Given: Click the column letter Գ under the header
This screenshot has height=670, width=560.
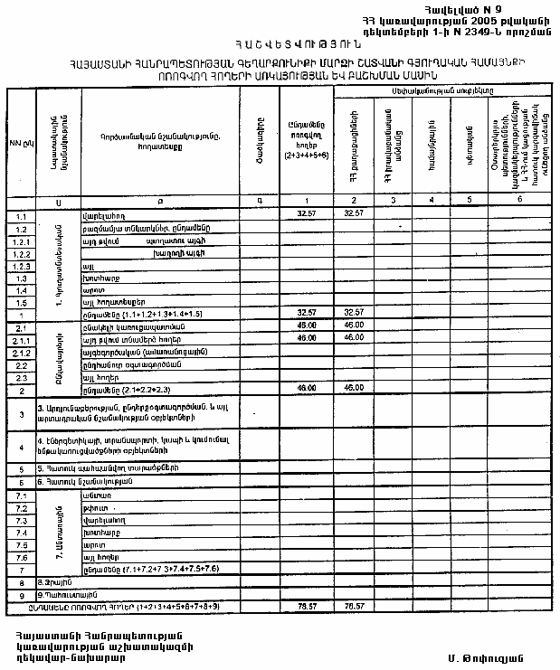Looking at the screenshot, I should click(x=258, y=199).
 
